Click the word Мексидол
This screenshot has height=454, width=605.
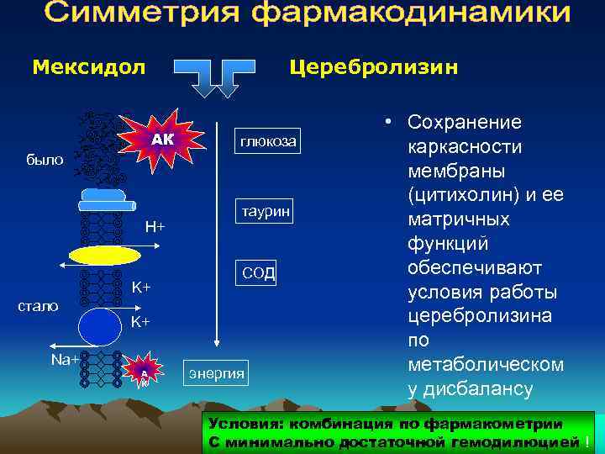(x=88, y=66)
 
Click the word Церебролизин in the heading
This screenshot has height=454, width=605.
(x=373, y=66)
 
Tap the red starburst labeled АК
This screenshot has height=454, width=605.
(x=163, y=140)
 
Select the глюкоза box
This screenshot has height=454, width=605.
(x=266, y=142)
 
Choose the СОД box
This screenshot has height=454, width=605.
(x=259, y=273)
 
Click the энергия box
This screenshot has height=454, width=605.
(x=216, y=372)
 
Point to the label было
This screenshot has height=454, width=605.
(x=44, y=159)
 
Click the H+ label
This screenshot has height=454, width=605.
(x=155, y=226)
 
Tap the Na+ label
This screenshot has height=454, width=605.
(x=65, y=359)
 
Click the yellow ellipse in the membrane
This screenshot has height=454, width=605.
(x=105, y=256)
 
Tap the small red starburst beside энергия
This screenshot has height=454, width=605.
(x=145, y=371)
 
